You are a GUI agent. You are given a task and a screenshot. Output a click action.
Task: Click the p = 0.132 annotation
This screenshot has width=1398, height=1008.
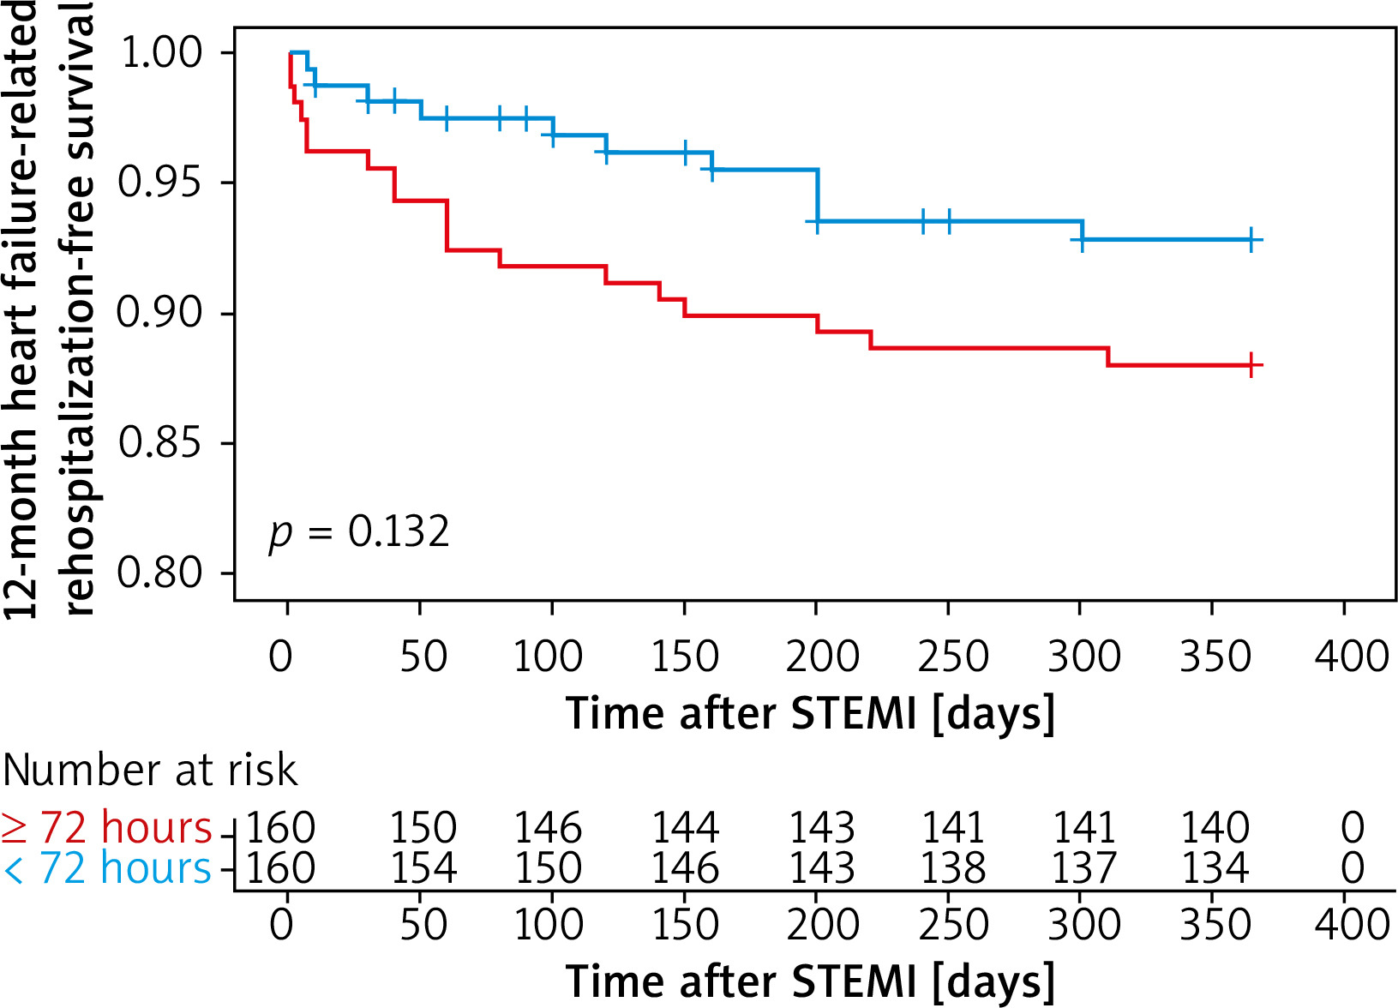click(x=359, y=532)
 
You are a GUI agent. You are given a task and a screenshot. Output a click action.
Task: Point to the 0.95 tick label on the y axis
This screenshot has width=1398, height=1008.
click(x=159, y=182)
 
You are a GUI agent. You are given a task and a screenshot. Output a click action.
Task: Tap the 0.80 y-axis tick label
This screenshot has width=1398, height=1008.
click(x=159, y=573)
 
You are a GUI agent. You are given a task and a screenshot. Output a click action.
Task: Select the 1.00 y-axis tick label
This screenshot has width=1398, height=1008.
click(x=162, y=52)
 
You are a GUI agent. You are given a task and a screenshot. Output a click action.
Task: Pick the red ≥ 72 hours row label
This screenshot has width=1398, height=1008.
click(x=106, y=828)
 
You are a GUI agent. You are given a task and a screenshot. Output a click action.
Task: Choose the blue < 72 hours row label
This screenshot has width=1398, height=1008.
click(x=106, y=869)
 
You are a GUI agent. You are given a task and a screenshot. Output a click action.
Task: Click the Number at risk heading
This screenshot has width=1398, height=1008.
click(x=150, y=770)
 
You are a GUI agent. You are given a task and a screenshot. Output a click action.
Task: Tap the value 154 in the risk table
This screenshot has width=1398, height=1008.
click(x=423, y=869)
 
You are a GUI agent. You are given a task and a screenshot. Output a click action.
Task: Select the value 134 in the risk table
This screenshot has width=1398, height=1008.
click(x=1215, y=869)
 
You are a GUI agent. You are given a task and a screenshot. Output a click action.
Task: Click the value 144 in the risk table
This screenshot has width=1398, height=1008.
click(x=685, y=828)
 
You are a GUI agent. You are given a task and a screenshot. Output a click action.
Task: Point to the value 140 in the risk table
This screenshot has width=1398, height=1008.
click(x=1215, y=828)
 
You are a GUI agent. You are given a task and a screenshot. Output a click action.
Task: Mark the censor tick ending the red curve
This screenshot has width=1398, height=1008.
click(x=1251, y=366)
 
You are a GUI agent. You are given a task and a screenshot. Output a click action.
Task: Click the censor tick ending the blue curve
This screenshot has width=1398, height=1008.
click(x=1251, y=241)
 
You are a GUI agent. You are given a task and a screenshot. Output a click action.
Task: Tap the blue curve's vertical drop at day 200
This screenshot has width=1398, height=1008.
click(x=818, y=195)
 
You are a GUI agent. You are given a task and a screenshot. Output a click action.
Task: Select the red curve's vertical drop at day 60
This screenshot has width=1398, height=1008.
click(x=447, y=225)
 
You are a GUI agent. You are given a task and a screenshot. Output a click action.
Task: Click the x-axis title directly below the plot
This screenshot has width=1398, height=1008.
click(x=810, y=713)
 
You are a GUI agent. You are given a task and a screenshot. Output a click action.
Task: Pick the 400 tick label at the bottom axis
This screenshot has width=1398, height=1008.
click(x=1352, y=925)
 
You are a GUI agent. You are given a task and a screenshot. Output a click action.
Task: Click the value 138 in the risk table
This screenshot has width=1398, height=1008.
click(x=952, y=869)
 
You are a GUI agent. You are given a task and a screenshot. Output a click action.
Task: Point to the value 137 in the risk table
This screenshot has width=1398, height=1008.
click(x=1083, y=869)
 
